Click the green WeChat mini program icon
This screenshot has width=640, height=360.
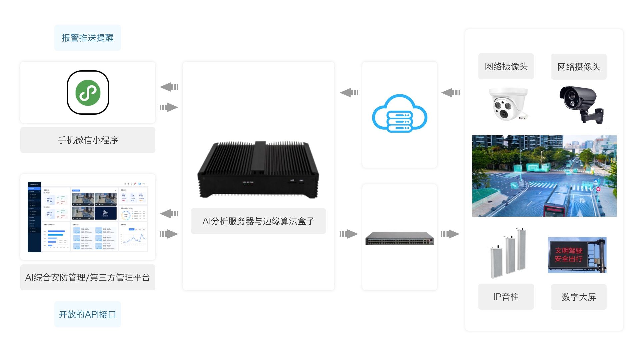click(88, 93)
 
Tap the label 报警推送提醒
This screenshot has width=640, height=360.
click(88, 38)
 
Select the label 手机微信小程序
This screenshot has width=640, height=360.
click(88, 140)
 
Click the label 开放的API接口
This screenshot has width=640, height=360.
click(87, 314)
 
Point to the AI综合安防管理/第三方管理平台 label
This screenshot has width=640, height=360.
click(88, 277)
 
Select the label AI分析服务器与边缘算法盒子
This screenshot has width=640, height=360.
click(258, 221)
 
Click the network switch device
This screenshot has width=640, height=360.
click(399, 238)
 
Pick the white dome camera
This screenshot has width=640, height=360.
click(508, 104)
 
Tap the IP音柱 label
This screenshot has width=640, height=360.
click(506, 297)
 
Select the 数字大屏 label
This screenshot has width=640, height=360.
click(578, 297)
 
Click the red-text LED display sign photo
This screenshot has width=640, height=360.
click(577, 255)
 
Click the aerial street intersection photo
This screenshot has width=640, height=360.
click(544, 176)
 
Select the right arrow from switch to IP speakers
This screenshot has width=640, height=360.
click(450, 234)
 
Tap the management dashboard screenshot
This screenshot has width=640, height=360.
click(88, 217)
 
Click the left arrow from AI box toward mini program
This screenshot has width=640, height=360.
click(169, 87)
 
